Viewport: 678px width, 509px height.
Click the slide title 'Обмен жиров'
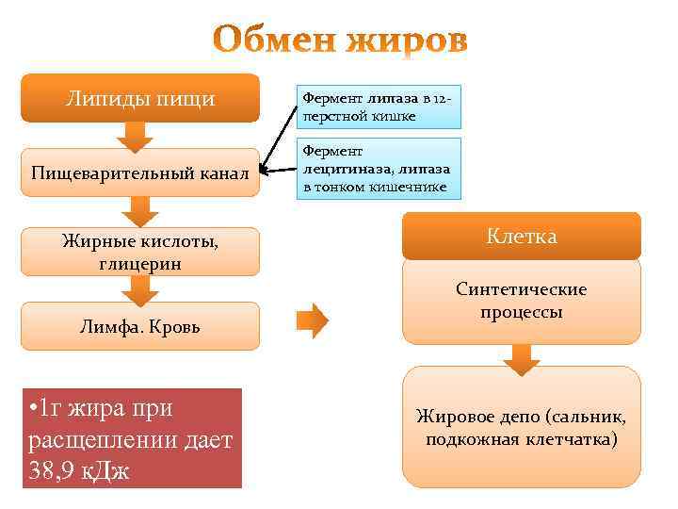pos(339,41)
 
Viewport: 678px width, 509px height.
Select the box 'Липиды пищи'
pos(139,98)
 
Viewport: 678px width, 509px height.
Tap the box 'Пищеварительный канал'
pos(139,172)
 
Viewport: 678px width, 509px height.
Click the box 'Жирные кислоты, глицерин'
pos(139,252)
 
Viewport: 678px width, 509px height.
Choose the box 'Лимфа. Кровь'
pos(139,327)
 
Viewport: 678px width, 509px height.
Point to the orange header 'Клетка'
pos(521,236)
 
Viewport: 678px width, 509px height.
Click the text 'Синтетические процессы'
pos(521,301)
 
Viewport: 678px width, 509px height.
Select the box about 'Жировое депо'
pos(521,427)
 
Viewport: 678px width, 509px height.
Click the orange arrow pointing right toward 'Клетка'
pos(313,320)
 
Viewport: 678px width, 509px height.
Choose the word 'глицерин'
pos(139,263)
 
